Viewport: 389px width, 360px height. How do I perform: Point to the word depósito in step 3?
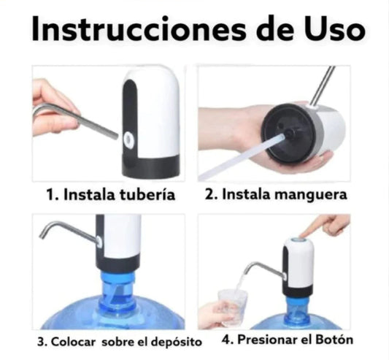tap(162, 340)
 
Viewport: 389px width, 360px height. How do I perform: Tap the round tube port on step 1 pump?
tap(130, 137)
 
